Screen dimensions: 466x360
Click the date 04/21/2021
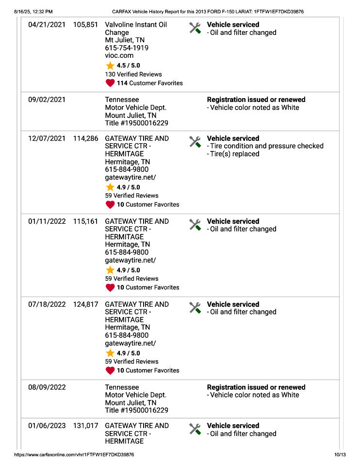47,25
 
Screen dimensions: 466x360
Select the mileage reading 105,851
85,25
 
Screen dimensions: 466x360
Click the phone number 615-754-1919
127,48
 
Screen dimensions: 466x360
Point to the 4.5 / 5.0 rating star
110,66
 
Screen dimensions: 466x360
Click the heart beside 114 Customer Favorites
110,83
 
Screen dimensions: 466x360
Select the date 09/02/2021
47,100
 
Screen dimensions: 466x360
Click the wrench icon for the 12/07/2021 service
195,142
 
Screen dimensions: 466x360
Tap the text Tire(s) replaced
235,154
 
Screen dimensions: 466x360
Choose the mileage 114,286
85,138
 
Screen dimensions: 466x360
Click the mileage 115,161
85,221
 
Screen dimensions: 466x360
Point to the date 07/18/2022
47,304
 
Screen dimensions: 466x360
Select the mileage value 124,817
85,304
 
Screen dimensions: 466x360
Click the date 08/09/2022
47,387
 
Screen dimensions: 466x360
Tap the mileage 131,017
85,426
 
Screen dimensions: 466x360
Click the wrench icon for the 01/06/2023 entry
195,429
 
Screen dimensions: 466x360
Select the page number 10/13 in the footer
340,455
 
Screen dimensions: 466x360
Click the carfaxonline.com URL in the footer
74,455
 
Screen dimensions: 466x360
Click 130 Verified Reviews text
133,74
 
